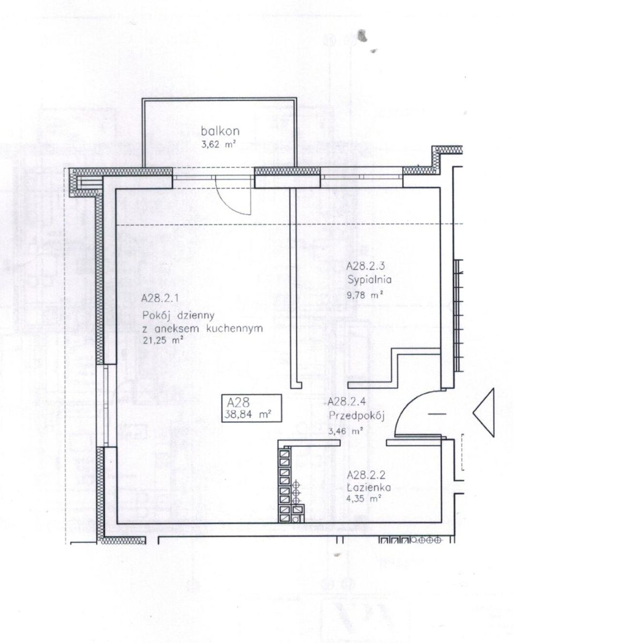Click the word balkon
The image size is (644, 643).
220,131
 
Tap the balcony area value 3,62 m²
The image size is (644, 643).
219,145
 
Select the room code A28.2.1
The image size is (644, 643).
160,298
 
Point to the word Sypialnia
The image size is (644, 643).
369,279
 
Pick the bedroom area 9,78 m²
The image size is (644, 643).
365,295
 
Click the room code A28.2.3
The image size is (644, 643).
365,266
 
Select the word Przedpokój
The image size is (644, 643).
357,416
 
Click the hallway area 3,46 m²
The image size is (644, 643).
346,431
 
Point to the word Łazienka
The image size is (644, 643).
369,487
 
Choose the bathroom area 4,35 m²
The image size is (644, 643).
365,499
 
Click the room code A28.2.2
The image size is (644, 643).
367,475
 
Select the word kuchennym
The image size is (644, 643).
235,329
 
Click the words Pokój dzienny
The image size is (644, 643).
179,315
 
